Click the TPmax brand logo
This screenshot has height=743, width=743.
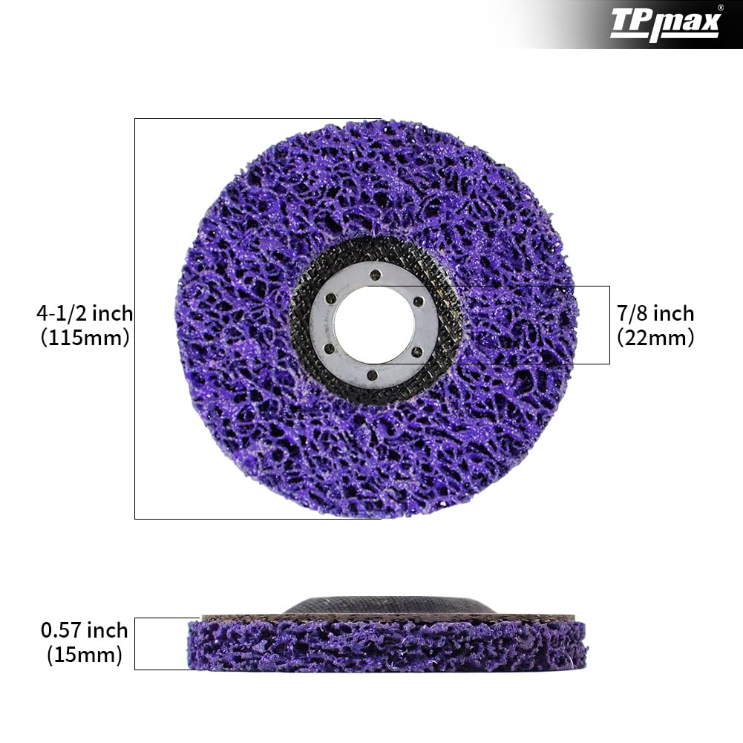click(664, 24)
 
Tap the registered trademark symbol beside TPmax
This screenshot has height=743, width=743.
click(720, 8)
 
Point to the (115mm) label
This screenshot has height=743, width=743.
click(85, 338)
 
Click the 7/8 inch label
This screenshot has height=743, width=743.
click(655, 313)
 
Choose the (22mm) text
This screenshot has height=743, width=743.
click(655, 338)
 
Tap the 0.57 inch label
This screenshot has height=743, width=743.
click(84, 631)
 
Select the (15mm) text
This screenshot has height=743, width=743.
click(84, 655)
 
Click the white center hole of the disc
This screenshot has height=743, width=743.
click(374, 324)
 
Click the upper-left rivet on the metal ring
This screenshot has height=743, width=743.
click(331, 298)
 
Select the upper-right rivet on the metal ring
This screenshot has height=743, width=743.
click(418, 301)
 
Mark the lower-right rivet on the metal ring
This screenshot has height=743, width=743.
click(416, 351)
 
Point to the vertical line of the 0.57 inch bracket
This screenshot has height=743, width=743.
click(134, 644)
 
